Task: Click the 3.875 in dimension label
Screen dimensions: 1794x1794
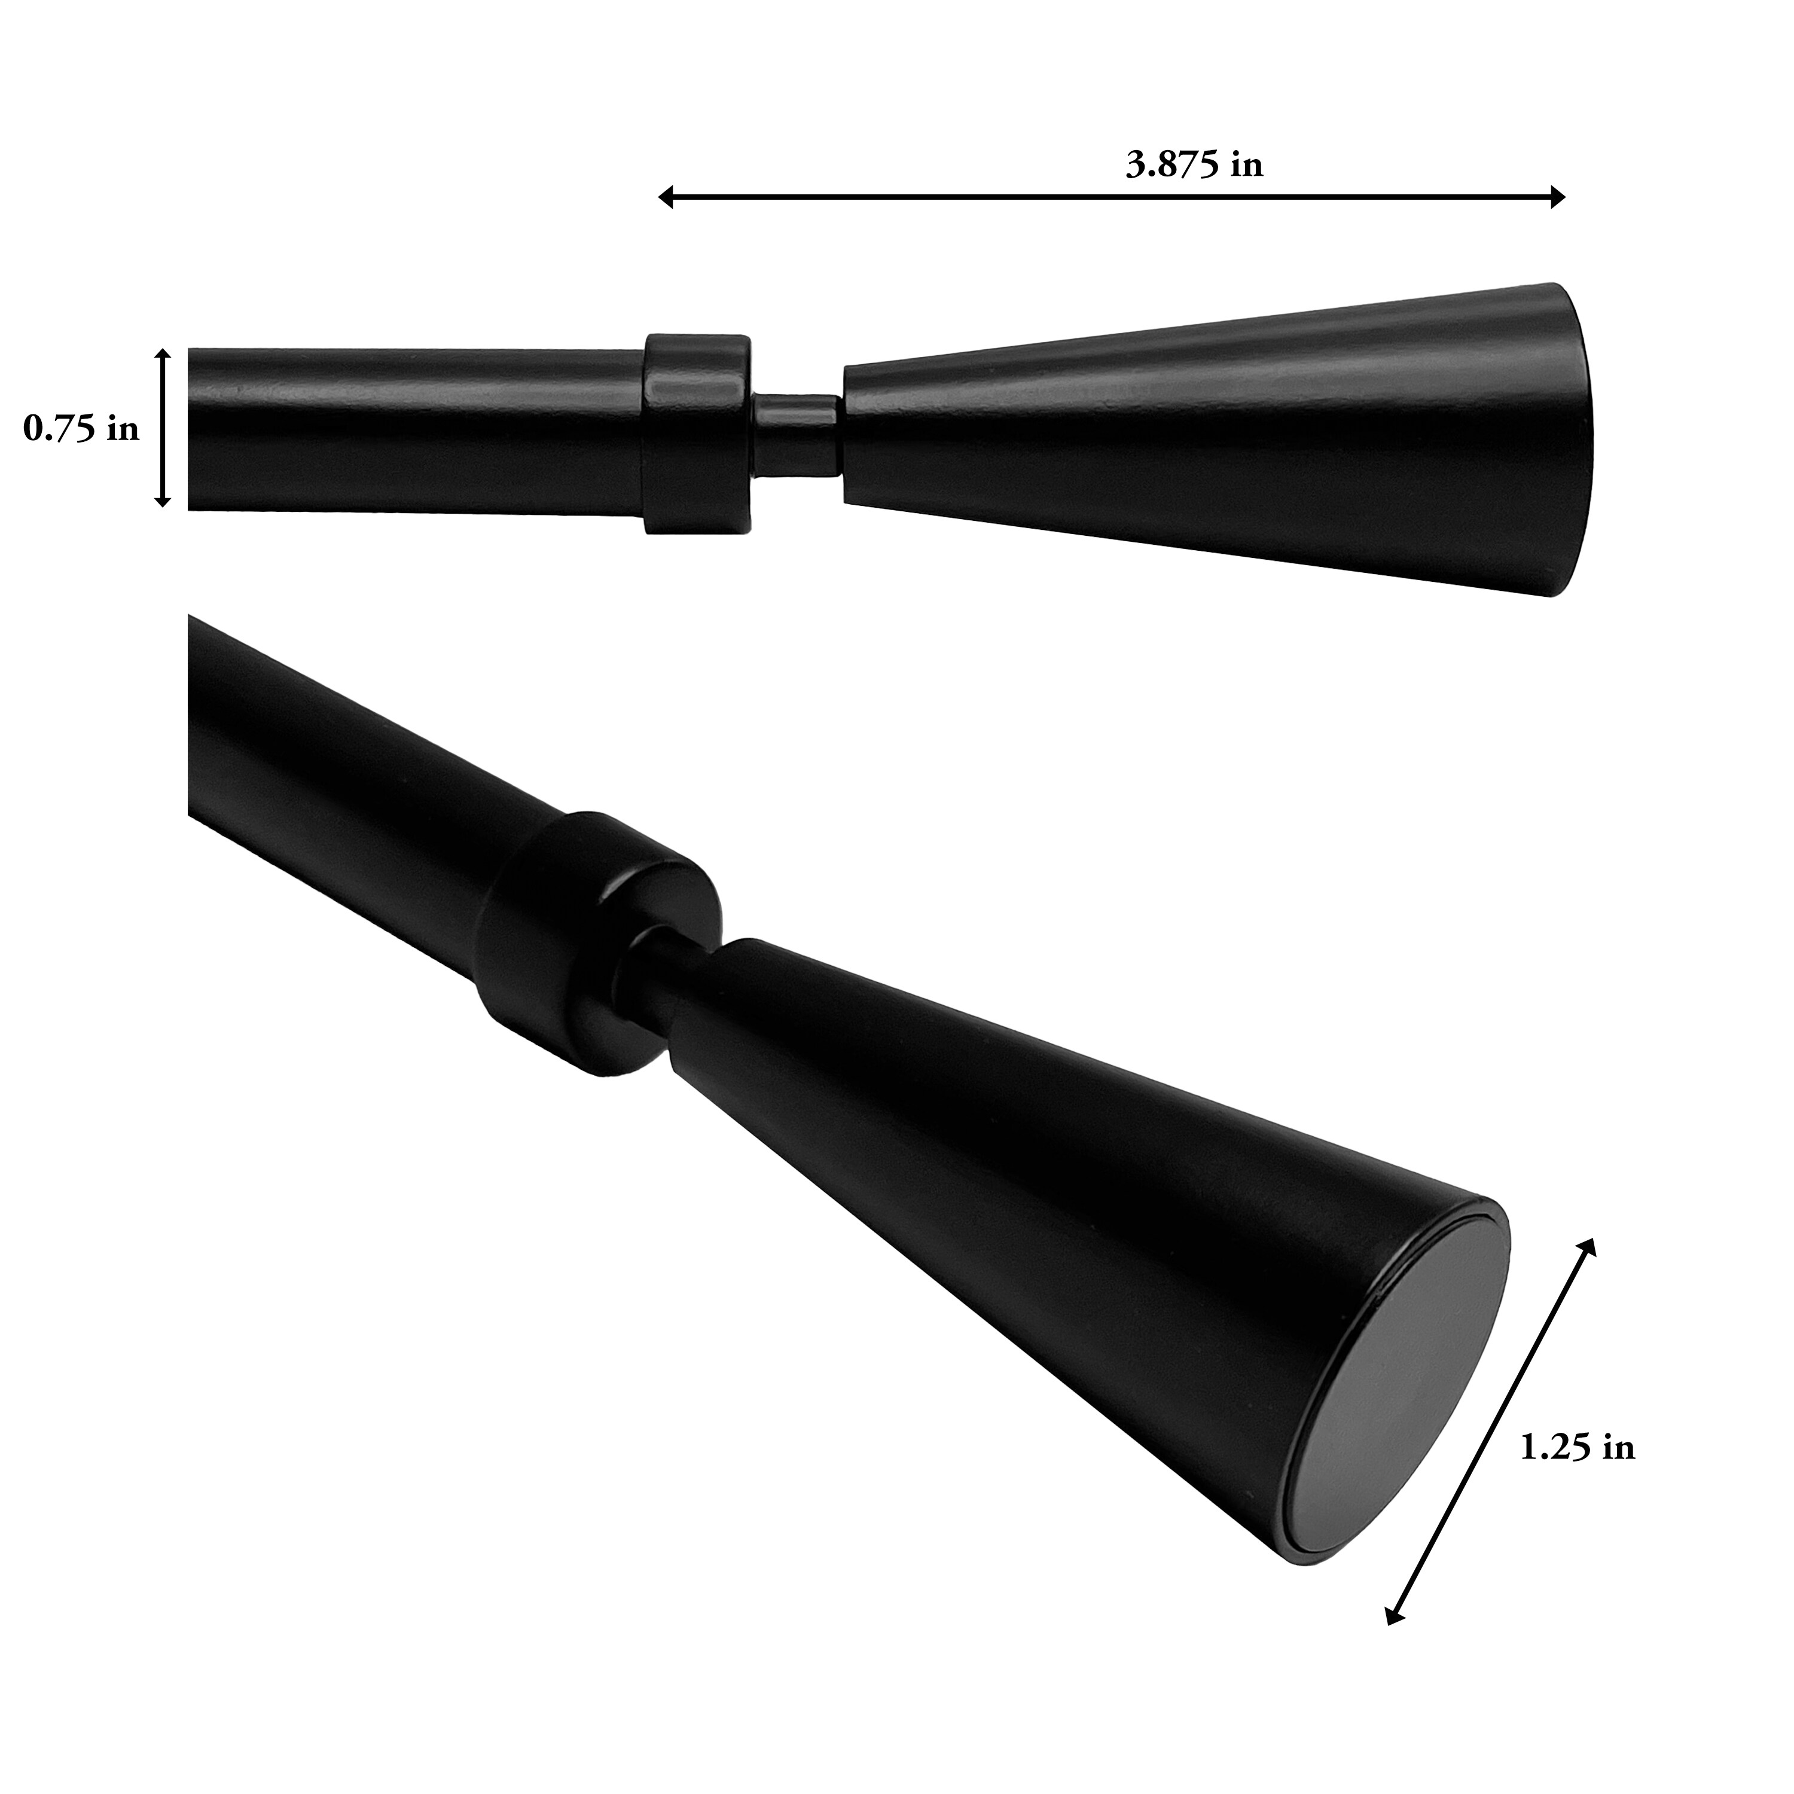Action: point(1194,165)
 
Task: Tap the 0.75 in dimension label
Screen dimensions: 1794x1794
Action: point(82,428)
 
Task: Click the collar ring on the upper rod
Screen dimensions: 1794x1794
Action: point(697,434)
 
